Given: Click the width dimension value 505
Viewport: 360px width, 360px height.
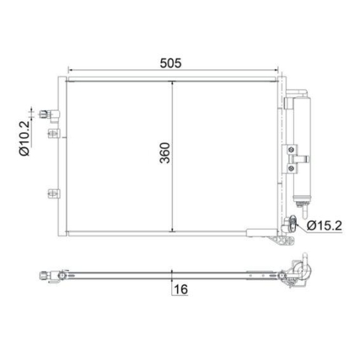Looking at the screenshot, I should [171, 63].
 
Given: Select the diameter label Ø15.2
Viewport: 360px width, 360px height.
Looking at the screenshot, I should [323, 227].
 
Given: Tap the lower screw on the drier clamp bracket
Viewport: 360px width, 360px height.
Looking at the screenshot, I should [292, 167].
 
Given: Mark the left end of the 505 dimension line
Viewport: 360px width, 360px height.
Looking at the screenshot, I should [67, 71].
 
